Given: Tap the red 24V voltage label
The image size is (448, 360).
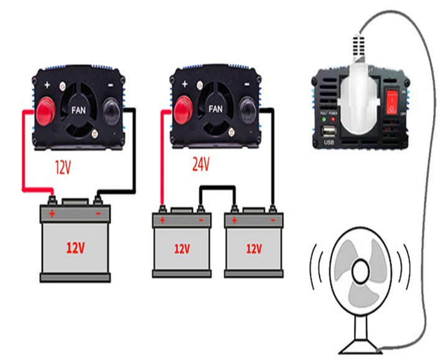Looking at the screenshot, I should click(201, 164).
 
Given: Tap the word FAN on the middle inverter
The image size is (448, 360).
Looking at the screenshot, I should click(216, 108).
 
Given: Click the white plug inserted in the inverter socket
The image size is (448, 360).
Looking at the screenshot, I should click(360, 93).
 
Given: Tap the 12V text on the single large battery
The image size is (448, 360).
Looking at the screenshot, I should click(75, 247).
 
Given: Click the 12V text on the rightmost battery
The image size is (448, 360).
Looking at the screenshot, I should click(253, 249).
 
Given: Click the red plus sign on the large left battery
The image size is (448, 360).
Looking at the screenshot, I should click(52, 214).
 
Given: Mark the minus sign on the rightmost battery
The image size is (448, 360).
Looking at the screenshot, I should click(273, 220).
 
